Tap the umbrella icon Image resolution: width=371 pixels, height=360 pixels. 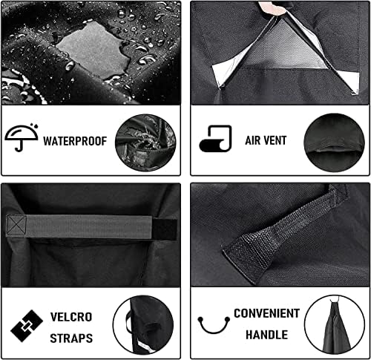(x=19, y=139)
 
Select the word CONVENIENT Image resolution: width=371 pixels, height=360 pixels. (x=265, y=312)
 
